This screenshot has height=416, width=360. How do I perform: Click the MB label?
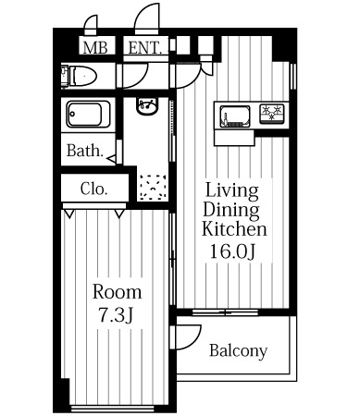click(x=95, y=48)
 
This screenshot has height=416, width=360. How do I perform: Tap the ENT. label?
click(x=145, y=48)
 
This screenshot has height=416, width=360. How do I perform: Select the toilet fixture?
click(x=79, y=76)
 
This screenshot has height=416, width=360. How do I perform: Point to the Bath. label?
click(x=85, y=151)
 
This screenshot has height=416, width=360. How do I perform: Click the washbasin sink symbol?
click(x=147, y=106)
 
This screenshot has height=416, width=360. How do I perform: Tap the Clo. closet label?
click(x=93, y=189)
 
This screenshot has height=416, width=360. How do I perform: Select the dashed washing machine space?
click(x=153, y=188)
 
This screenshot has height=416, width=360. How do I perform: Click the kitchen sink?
click(x=235, y=116)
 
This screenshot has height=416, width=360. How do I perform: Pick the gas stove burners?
click(x=272, y=114)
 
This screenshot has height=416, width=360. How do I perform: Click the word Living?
click(x=231, y=191)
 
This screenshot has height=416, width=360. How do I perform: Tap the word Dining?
click(x=231, y=211)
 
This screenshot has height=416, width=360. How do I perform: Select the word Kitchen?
click(x=234, y=229)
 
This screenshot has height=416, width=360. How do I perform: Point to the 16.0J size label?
click(x=233, y=251)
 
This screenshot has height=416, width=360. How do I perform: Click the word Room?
click(x=118, y=292)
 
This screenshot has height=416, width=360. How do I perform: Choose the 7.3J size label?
click(x=116, y=315)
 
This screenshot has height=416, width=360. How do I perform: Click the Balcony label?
click(x=238, y=351)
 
